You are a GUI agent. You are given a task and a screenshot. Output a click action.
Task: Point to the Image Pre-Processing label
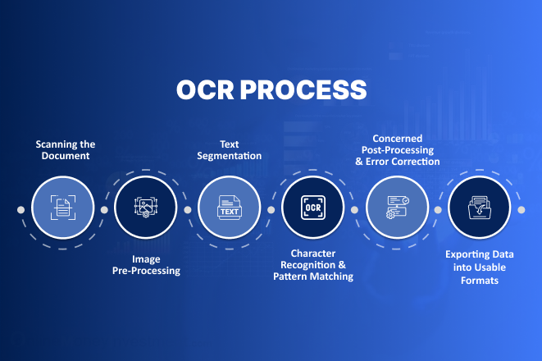tap(145, 264)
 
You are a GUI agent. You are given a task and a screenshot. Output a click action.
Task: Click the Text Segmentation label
tap(230, 149)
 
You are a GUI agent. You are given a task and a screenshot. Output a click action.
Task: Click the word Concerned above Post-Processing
tap(397, 139)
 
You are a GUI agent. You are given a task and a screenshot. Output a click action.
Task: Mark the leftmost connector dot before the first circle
tap(20, 209)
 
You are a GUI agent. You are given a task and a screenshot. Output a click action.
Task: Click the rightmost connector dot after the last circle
tap(522, 209)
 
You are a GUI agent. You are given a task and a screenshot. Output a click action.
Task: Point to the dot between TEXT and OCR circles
tap(271, 209)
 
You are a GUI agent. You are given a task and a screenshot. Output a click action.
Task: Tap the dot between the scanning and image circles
tap(104, 209)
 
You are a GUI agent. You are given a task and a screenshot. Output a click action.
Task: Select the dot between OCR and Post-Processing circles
tap(355, 209)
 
